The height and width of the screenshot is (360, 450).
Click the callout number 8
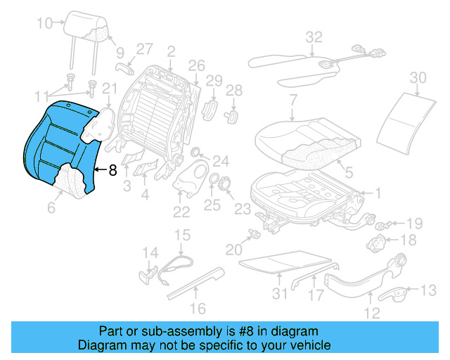pos(112,169)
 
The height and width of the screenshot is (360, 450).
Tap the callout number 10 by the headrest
pos(44,24)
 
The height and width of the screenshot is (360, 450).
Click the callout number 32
pos(314,37)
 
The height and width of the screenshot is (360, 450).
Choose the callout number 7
pos(292,100)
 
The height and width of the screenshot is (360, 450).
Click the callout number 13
pos(427,290)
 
